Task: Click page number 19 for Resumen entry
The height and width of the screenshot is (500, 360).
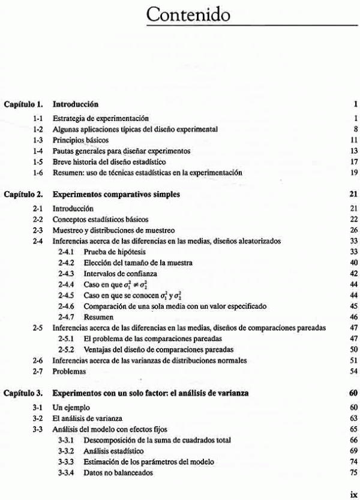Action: click(354, 173)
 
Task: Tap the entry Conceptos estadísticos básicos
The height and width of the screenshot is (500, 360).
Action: click(100, 219)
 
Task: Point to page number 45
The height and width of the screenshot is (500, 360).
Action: click(354, 306)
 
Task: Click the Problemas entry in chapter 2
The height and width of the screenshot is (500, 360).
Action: click(69, 372)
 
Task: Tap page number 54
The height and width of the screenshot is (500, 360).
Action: click(354, 372)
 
